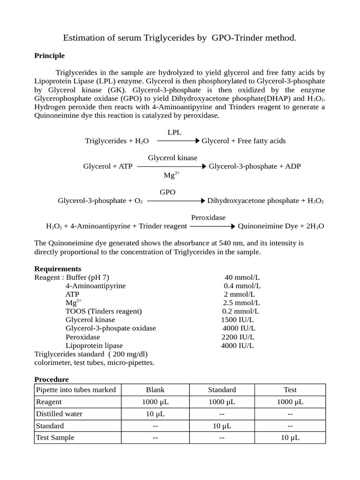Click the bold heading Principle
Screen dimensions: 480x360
[50, 56]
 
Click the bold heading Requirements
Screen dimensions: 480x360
[58, 269]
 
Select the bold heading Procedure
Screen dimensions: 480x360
[52, 379]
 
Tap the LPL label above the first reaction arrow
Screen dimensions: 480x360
[174, 133]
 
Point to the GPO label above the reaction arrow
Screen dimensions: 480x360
[168, 192]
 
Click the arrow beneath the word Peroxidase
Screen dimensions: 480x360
[212, 226]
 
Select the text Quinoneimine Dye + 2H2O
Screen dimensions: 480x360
[281, 226]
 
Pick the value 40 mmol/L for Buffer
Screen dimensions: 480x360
[242, 277]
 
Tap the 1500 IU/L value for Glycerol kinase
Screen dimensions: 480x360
[237, 320]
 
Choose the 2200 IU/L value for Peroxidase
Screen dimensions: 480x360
[238, 337]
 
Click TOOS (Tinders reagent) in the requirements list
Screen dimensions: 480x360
[104, 311]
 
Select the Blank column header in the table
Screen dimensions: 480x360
[156, 390]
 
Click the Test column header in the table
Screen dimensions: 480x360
[290, 390]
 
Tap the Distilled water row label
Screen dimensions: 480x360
[59, 413]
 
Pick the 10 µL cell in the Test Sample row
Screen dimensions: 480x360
[290, 437]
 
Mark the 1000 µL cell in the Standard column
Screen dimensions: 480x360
[222, 402]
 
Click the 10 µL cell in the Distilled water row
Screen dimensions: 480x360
[156, 413]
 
